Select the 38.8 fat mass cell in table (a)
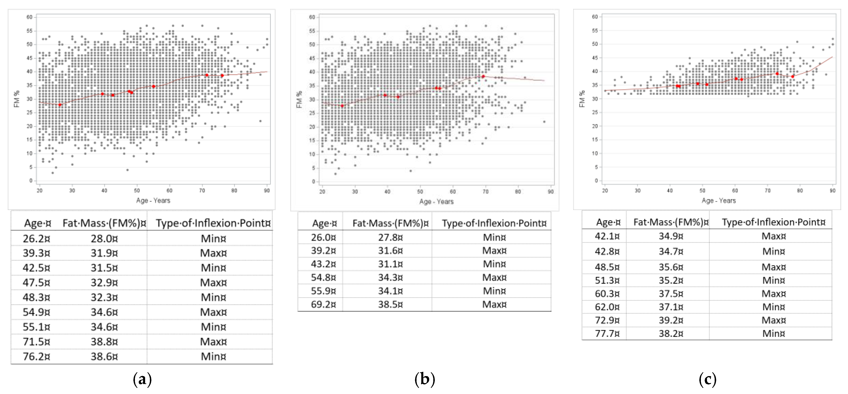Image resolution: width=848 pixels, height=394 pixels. (104, 342)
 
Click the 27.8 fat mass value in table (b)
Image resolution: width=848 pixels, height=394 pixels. (390, 237)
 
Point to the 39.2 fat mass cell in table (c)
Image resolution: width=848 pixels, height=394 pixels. (670, 320)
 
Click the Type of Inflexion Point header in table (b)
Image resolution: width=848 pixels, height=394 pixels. (493, 223)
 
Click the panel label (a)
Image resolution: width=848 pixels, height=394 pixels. (142, 379)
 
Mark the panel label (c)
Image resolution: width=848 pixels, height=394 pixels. (707, 379)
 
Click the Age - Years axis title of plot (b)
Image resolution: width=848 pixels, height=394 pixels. (436, 201)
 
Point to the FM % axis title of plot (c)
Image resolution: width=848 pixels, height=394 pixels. (582, 99)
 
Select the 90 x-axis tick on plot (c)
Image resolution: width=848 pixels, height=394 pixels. (832, 190)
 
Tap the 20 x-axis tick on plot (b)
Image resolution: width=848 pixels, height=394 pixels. (322, 191)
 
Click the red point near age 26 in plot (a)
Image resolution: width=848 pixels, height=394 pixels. (60, 105)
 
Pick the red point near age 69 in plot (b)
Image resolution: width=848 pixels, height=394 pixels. (483, 76)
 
